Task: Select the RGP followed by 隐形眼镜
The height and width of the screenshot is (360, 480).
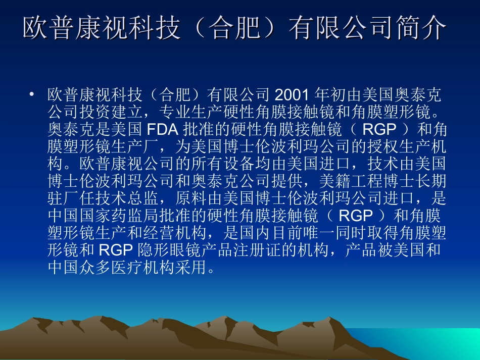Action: tap(116, 249)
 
